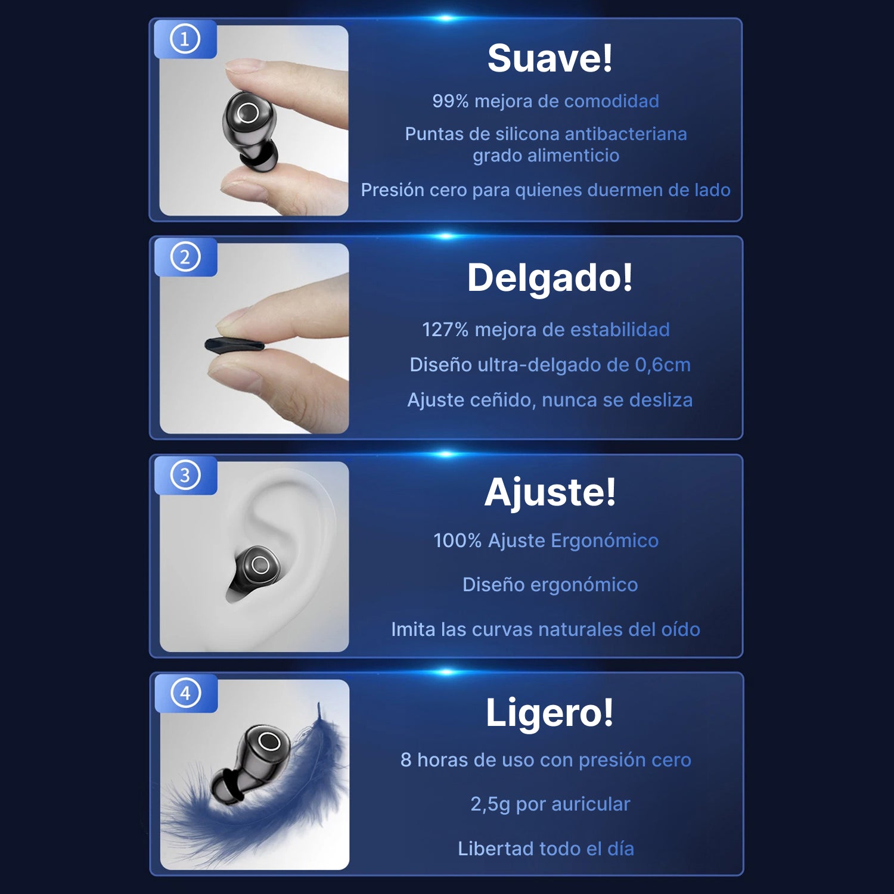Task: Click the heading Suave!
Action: click(x=550, y=58)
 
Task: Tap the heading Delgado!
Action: click(x=550, y=278)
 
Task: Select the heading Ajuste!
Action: click(x=550, y=493)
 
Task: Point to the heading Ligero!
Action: click(x=550, y=712)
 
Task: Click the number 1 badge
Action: click(x=185, y=39)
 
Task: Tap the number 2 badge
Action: click(x=185, y=257)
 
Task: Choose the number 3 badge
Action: click(x=185, y=476)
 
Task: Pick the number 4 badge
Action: click(x=185, y=694)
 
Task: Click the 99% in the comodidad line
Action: click(x=451, y=101)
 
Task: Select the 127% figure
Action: click(x=445, y=330)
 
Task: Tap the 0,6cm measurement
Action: click(x=662, y=365)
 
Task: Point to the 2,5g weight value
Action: click(x=491, y=804)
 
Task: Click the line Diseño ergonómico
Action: click(x=550, y=585)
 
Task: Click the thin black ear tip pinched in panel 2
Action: click(x=234, y=345)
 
